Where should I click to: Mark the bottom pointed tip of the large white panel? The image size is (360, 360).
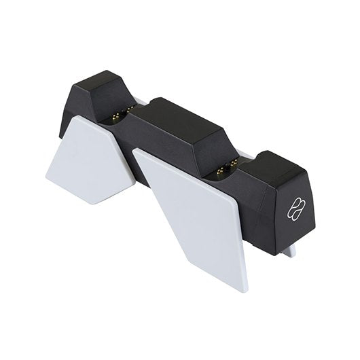243,291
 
